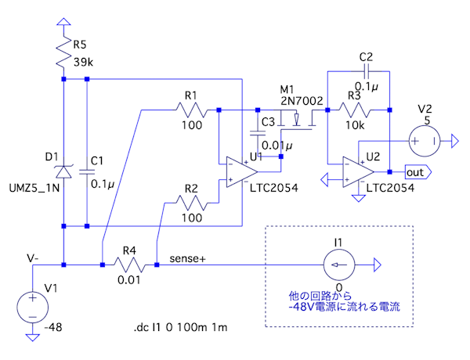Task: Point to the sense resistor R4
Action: (129, 265)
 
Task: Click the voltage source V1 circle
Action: (33, 305)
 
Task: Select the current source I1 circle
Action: (338, 265)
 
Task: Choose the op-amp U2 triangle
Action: (356, 171)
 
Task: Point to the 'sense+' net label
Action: (187, 257)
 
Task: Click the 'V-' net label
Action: (34, 257)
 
